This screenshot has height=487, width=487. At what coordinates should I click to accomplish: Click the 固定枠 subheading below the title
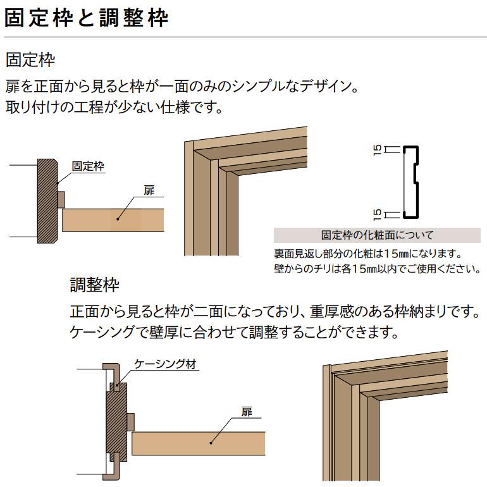coord(30,61)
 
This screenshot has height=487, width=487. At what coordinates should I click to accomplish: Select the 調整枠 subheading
coord(94,285)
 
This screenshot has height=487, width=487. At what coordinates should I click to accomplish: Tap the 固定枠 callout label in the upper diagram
coord(88,166)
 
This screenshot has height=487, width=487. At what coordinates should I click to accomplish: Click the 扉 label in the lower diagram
coord(247,412)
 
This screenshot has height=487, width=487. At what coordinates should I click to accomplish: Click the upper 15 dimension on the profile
coord(378,150)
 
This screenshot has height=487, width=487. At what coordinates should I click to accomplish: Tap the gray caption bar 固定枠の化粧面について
coord(377,235)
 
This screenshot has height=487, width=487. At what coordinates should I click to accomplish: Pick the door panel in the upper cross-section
coord(113,220)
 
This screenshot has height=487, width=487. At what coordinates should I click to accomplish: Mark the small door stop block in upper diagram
coord(61,199)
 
